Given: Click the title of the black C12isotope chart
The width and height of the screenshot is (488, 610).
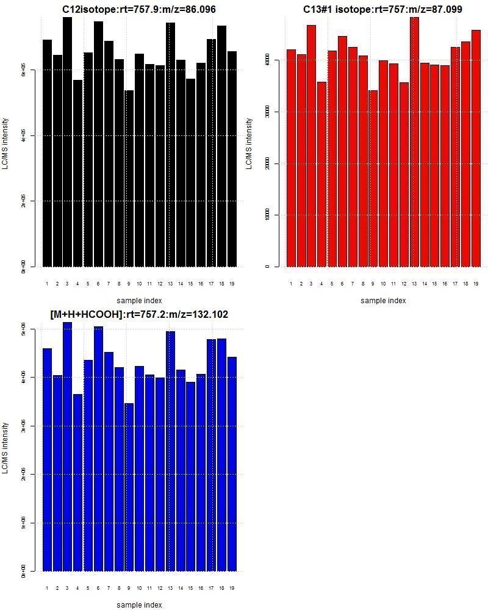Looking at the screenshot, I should pos(139,9).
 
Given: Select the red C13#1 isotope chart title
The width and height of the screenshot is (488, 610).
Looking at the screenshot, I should pos(382,9).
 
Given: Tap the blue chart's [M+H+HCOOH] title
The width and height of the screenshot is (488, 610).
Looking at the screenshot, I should pos(139,314).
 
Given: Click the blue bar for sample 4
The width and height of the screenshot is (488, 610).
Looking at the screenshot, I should pos(78,482).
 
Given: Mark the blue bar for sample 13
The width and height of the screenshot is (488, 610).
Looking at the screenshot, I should pos(170,451).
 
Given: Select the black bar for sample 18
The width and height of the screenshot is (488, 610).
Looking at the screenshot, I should pos(221,146).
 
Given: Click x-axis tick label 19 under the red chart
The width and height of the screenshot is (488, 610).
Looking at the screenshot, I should pos(476,284).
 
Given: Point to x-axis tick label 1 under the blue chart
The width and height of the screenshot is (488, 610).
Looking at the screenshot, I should pos(47,588).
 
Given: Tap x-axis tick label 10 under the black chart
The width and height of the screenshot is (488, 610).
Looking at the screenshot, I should pos(139,284).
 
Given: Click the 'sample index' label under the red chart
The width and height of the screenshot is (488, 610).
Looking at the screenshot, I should pos(382,300).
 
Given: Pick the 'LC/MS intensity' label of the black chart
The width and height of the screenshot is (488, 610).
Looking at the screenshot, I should pos(5,143).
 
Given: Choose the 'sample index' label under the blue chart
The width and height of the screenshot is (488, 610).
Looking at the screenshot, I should pos(139,605).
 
